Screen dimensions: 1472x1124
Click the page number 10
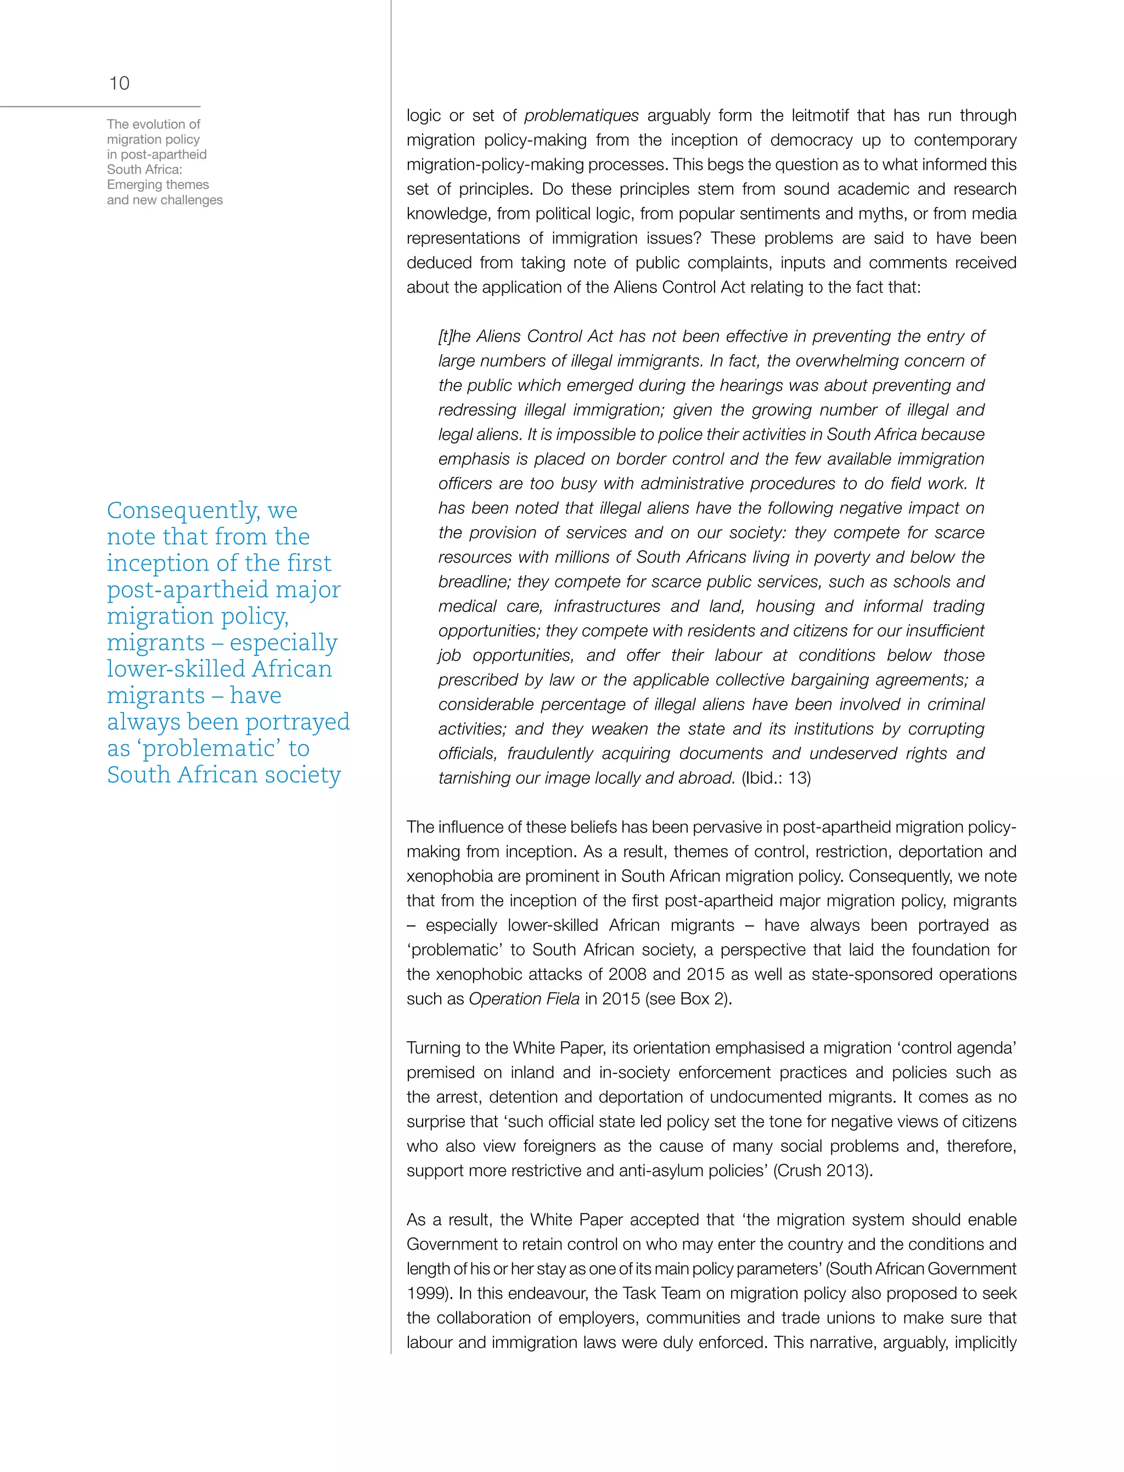pyautogui.click(x=119, y=83)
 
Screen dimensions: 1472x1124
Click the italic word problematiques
pyautogui.click(x=581, y=116)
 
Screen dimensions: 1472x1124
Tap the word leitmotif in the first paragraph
pyautogui.click(x=819, y=116)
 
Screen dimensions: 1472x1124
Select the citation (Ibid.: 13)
pyautogui.click(x=775, y=778)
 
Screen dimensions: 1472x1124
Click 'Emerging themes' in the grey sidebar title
pyautogui.click(x=158, y=184)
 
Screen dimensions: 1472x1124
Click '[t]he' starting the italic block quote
pyautogui.click(x=454, y=336)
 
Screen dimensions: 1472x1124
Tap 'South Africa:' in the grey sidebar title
pyautogui.click(x=144, y=169)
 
